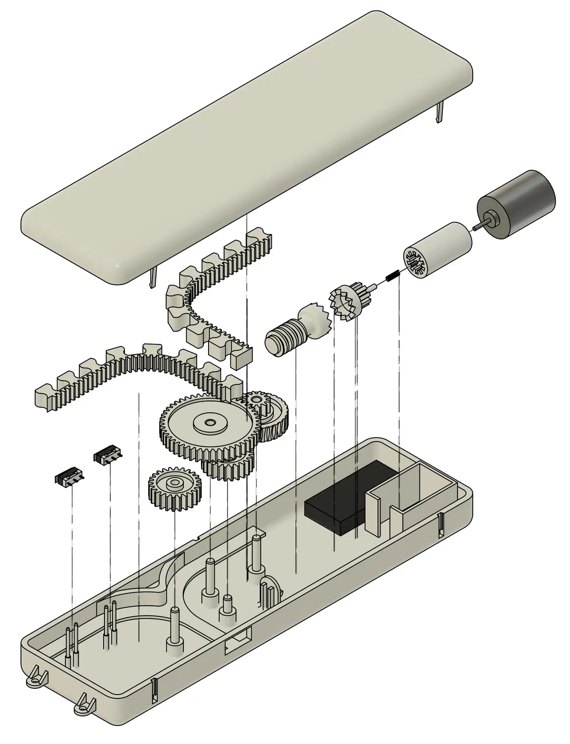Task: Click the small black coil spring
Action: click(392, 276)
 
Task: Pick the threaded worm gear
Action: click(282, 335)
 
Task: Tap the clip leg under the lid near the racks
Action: click(152, 277)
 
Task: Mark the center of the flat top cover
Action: click(247, 143)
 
